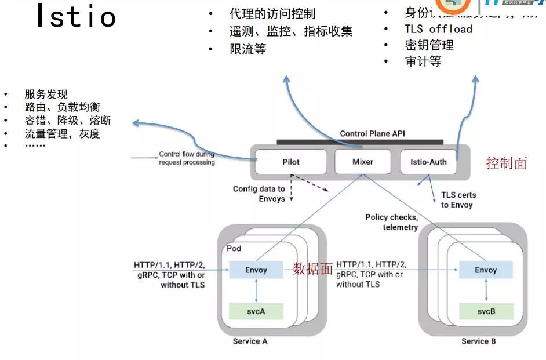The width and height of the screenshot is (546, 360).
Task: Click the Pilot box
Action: tap(291, 162)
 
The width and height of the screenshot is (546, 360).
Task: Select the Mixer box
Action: tap(363, 162)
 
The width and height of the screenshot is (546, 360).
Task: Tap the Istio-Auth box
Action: tap(428, 162)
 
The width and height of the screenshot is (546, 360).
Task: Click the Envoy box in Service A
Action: tap(256, 270)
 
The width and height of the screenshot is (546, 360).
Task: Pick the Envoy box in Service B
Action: tap(486, 270)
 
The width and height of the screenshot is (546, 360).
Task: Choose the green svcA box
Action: tap(256, 311)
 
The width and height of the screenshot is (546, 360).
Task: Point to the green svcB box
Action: tap(486, 311)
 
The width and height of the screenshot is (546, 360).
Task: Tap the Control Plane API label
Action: tap(372, 134)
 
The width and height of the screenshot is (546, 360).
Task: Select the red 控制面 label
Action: tap(506, 163)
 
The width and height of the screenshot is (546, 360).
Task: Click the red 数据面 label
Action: tap(313, 268)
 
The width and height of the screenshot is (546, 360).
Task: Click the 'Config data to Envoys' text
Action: tap(259, 194)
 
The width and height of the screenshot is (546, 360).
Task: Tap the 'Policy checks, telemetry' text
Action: tap(391, 222)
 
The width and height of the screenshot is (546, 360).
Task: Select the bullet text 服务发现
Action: tap(46, 94)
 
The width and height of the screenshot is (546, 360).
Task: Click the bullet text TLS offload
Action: tap(438, 29)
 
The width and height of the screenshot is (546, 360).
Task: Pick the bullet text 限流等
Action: tap(247, 49)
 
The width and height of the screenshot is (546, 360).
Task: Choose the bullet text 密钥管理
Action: tap(429, 45)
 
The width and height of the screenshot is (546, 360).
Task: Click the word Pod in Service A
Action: tap(234, 248)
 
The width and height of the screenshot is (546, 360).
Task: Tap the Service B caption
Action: tap(478, 341)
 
